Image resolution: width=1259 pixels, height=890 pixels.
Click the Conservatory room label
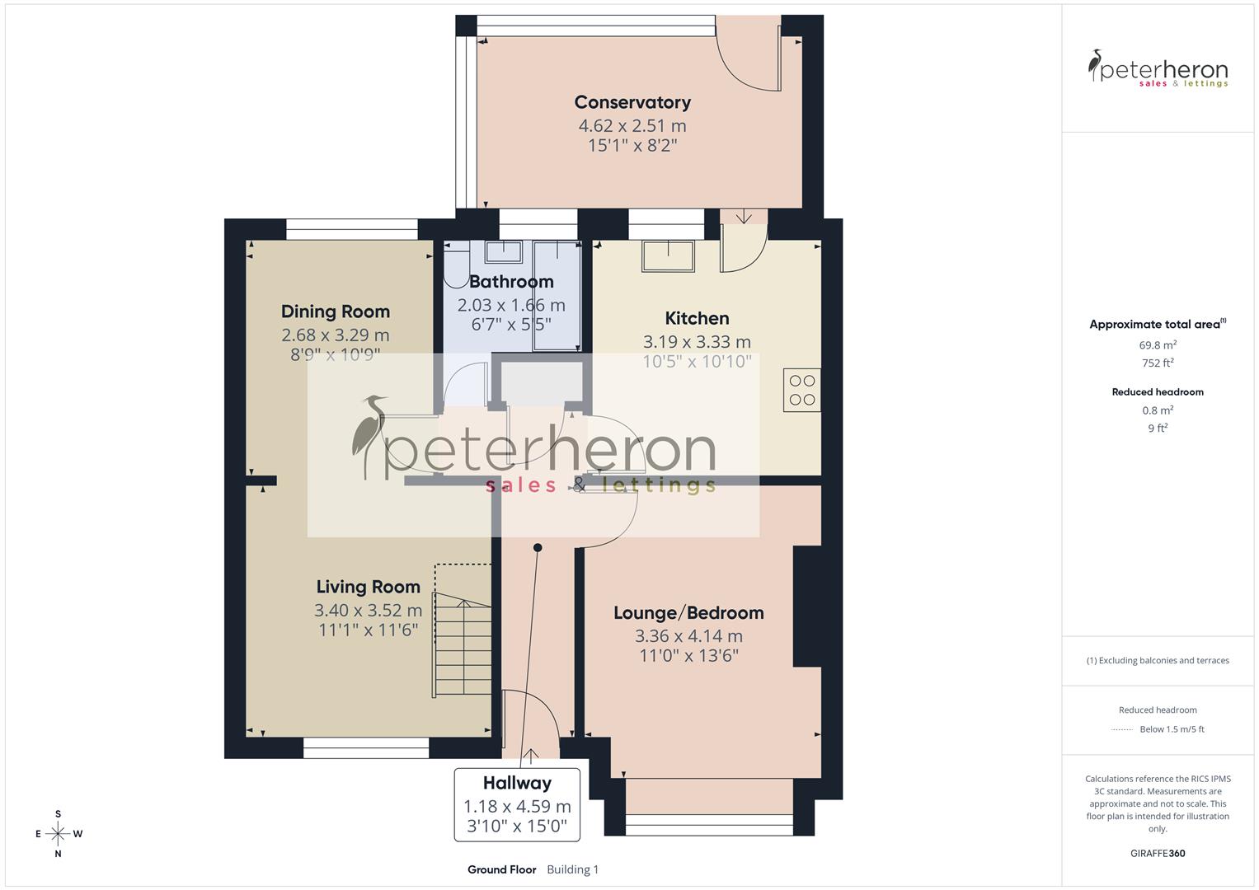632,102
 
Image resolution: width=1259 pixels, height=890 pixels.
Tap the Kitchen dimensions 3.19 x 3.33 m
697,341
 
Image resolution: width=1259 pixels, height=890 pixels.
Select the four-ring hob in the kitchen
801,391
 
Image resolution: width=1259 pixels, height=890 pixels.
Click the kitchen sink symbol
668,255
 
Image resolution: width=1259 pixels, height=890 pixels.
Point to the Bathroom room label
511,282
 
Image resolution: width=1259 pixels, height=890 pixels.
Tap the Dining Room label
335,311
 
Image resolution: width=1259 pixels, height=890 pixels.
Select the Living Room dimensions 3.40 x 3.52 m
368,611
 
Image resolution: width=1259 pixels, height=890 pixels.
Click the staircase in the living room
462,647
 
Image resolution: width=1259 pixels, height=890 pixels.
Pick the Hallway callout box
517,804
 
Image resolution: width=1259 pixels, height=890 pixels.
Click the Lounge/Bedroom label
688,613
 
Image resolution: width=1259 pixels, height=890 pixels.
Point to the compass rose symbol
58,834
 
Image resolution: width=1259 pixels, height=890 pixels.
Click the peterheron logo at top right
1158,69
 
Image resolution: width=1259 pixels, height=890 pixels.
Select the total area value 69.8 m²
1158,345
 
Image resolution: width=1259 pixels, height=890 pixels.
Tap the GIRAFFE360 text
1158,853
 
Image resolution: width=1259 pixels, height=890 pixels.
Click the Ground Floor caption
501,869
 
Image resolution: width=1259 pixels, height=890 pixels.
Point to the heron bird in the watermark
368,437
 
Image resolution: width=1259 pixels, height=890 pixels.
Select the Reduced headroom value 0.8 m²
1158,410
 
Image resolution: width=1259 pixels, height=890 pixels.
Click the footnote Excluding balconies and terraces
1158,660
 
